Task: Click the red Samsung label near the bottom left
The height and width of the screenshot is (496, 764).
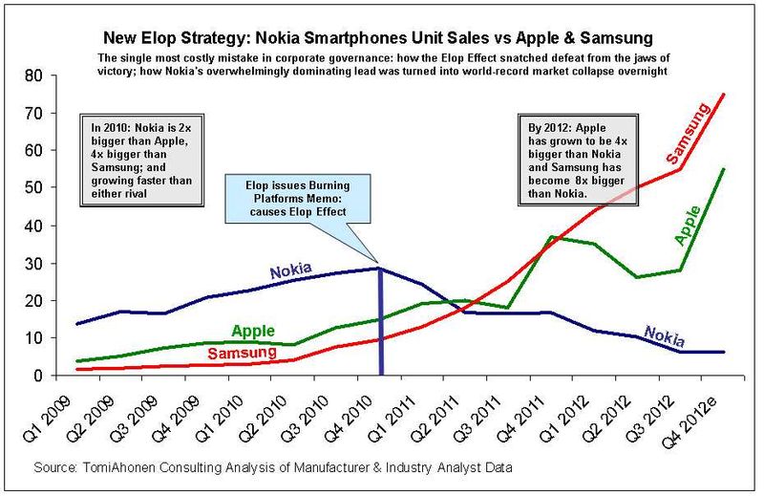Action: pos(244,353)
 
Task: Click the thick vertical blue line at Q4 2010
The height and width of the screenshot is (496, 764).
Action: pos(381,325)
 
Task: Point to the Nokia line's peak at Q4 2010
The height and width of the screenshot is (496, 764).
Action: pos(381,269)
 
